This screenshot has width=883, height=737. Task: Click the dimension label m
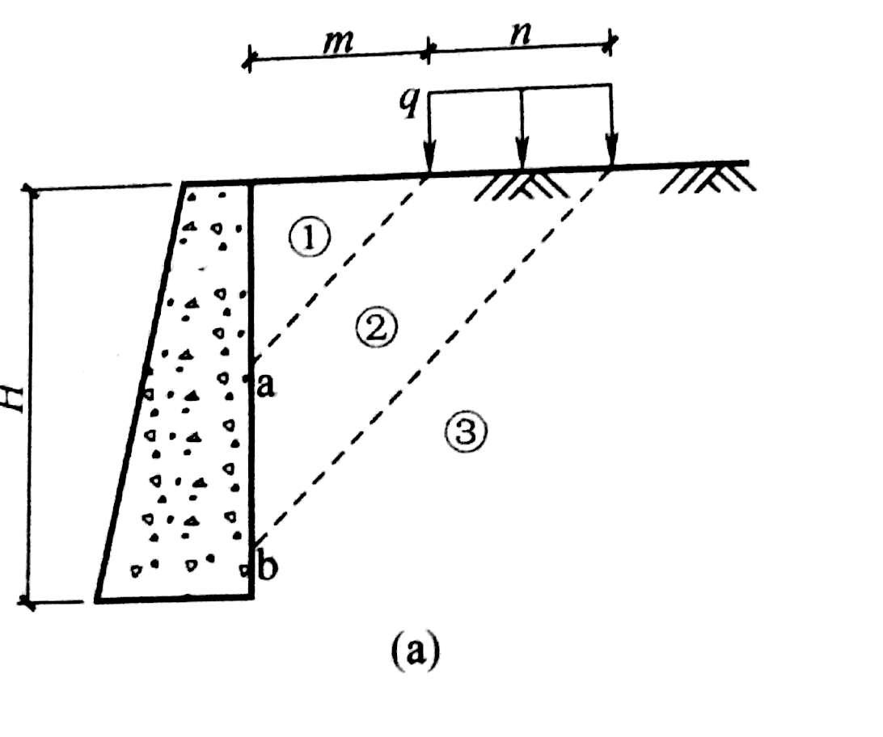pyautogui.click(x=339, y=41)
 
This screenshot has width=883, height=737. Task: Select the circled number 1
pyautogui.click(x=309, y=238)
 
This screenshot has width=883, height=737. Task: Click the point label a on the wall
pyautogui.click(x=264, y=385)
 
